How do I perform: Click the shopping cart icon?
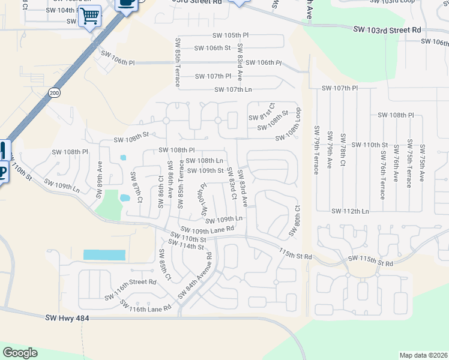click(89, 16)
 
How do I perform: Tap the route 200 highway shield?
click(55, 93)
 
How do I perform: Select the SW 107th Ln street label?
click(233, 90)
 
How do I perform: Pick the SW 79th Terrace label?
click(316, 150)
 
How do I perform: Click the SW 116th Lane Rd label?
click(146, 307)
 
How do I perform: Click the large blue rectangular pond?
click(104, 255)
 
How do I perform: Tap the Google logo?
click(20, 353)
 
